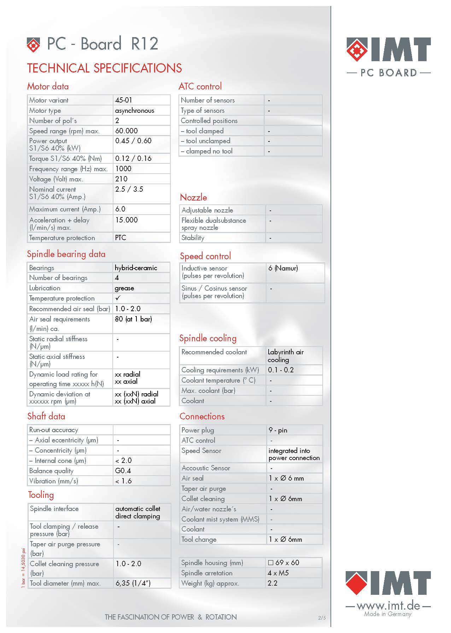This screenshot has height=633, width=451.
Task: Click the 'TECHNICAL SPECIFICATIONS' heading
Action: [x=105, y=68]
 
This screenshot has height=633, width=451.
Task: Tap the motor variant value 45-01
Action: [x=124, y=100]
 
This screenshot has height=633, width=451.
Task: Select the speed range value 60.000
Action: [x=127, y=131]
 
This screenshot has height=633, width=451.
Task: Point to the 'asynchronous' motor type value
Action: [x=135, y=110]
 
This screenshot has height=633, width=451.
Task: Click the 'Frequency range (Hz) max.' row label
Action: [x=68, y=169]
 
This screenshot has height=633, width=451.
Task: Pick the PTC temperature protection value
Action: [x=121, y=238]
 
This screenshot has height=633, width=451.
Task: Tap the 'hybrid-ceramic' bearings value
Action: [x=136, y=268]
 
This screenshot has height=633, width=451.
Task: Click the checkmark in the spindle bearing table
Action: [x=118, y=298]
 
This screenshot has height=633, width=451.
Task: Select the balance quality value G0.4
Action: [x=123, y=471]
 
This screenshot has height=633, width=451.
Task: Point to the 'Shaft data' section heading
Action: [x=46, y=416]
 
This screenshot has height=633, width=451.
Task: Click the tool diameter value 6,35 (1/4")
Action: [x=133, y=583]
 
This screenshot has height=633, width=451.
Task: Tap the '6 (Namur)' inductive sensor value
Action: [x=283, y=268]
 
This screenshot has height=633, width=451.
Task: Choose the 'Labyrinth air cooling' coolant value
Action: [x=286, y=356]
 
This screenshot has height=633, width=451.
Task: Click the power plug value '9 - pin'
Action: [x=278, y=430]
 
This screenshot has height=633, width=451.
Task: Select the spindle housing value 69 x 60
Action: [x=283, y=563]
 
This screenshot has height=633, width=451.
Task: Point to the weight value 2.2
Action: [x=273, y=583]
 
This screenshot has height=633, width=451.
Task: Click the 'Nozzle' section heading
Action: [x=193, y=197]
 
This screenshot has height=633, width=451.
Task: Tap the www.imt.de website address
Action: [x=388, y=605]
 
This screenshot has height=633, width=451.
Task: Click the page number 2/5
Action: [x=322, y=618]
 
